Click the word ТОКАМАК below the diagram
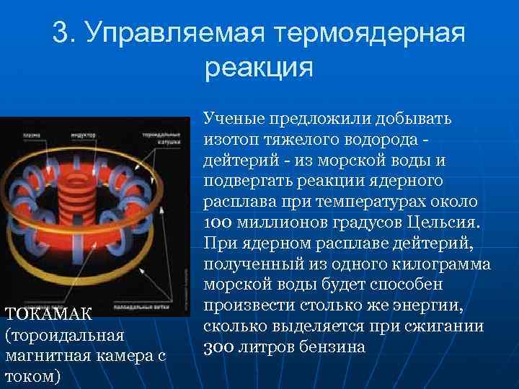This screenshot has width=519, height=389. [49, 314]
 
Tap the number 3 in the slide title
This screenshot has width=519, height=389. [60, 33]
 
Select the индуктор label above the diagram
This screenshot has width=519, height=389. [81, 134]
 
